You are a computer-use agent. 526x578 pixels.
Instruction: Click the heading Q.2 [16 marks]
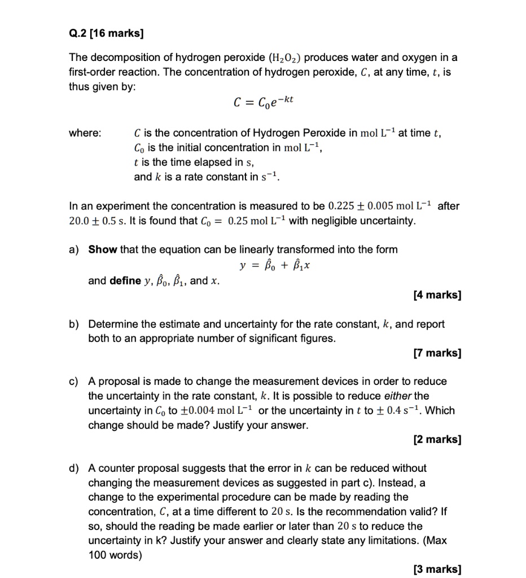(106, 33)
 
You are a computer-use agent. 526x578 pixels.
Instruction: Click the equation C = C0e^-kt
(264, 102)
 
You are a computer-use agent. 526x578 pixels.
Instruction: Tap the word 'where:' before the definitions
(85, 133)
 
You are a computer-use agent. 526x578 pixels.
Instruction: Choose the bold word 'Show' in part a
(103, 249)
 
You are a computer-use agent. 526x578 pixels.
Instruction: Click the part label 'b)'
(74, 325)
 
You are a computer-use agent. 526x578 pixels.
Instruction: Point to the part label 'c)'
(74, 382)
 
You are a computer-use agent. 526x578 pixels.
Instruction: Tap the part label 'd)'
(74, 468)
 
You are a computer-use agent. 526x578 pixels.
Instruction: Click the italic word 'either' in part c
(399, 396)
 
